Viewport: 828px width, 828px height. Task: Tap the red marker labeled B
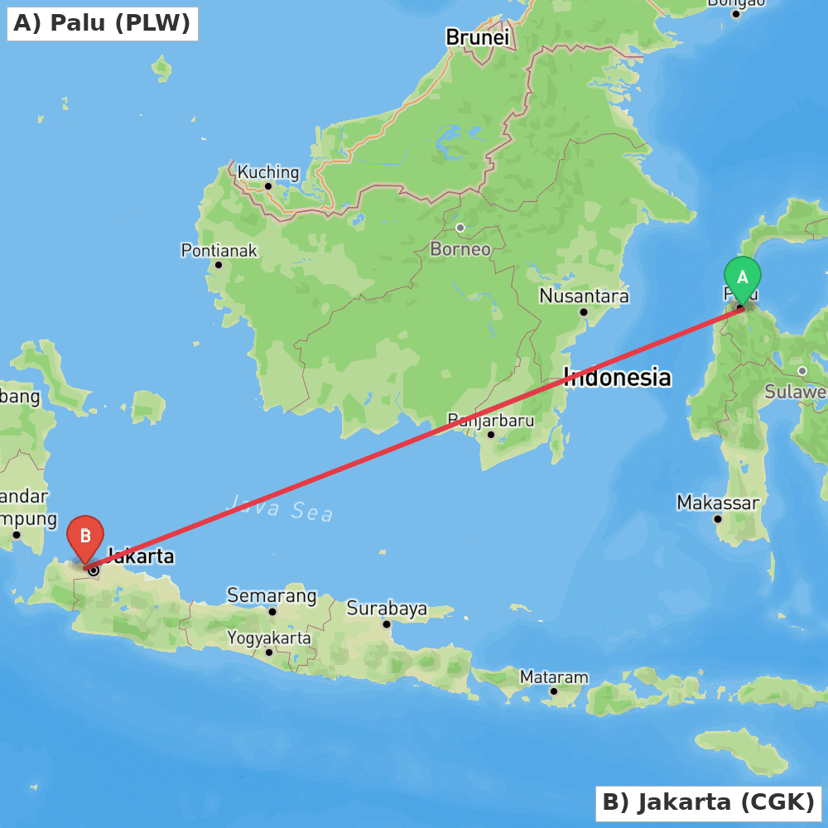click(84, 537)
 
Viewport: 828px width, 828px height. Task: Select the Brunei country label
click(477, 37)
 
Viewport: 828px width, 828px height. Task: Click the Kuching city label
click(268, 172)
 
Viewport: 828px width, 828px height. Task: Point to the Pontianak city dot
click(219, 265)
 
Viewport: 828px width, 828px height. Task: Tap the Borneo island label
click(460, 248)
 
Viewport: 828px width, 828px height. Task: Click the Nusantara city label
click(584, 296)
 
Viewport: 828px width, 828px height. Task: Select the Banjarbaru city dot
click(491, 434)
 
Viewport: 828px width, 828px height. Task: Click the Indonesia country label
click(617, 378)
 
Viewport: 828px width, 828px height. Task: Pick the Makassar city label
click(717, 503)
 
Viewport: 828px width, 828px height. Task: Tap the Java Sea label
click(280, 507)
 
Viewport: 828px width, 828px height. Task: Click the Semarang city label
click(272, 595)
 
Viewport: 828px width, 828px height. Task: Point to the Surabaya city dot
click(386, 624)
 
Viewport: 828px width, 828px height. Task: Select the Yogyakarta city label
click(269, 638)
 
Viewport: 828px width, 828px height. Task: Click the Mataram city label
click(554, 676)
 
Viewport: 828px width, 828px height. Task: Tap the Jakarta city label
click(141, 556)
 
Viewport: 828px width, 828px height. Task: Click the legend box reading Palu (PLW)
click(102, 23)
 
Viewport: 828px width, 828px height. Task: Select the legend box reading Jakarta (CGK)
click(708, 802)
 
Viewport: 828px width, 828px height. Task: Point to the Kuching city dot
click(268, 186)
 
